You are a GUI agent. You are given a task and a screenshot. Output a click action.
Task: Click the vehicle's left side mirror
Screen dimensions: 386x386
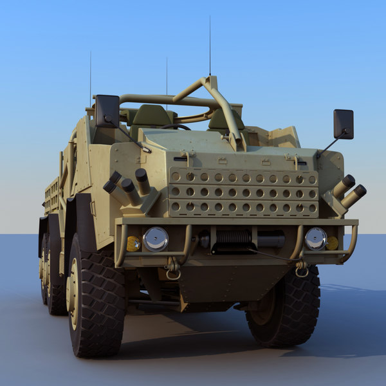coord(107,110)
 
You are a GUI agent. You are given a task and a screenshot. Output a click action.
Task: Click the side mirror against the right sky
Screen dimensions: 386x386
coord(343,124)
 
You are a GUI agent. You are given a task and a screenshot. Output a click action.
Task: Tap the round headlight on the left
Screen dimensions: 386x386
coord(155,239)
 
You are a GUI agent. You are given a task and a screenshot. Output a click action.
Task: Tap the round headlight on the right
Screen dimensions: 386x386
coord(315,239)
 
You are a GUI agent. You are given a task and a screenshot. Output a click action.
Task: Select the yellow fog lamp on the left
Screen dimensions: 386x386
coord(133,244)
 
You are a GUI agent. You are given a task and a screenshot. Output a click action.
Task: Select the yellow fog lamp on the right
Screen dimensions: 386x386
coord(332,243)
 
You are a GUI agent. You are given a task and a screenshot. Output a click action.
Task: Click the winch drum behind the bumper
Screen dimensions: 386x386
coord(234,239)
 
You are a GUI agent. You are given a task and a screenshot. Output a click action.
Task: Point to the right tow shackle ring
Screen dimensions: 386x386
coord(301,271)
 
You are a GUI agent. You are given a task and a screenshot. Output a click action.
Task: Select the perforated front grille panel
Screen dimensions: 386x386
coord(243,192)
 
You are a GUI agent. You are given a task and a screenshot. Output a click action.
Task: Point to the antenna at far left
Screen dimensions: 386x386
coord(90,77)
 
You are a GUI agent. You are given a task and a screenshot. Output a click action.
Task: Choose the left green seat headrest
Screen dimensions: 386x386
coord(152,116)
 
